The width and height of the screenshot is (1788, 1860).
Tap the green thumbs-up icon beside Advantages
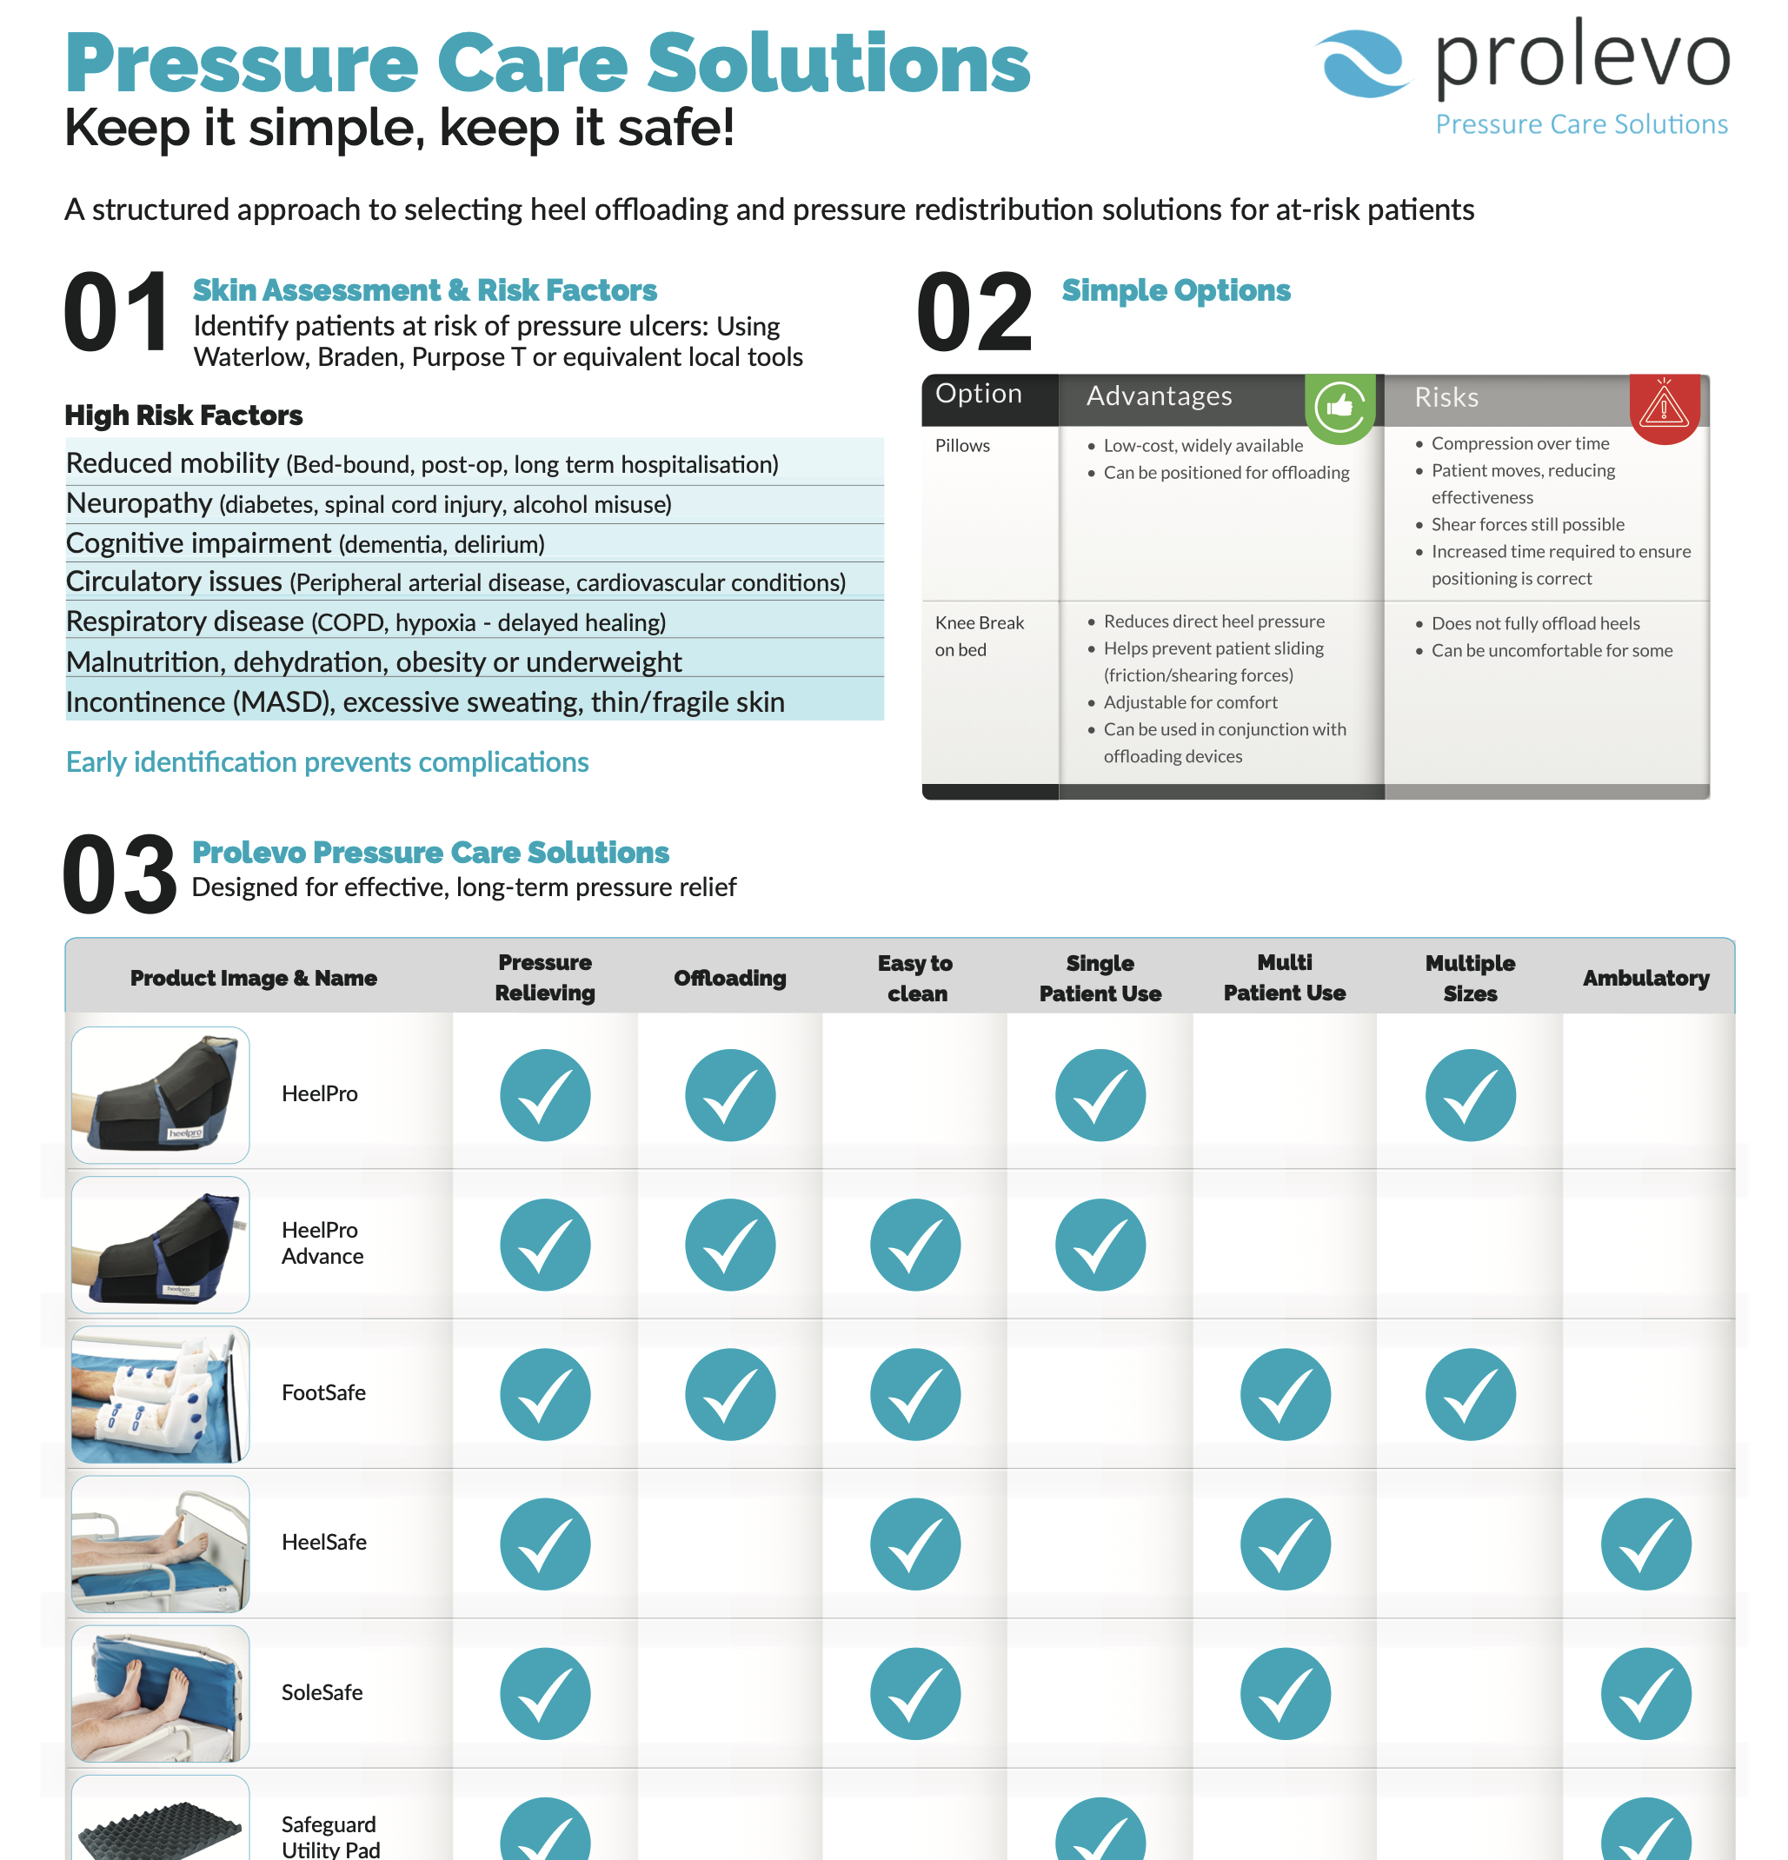pyautogui.click(x=1339, y=408)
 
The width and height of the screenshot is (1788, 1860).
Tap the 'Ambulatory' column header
pyautogui.click(x=1645, y=978)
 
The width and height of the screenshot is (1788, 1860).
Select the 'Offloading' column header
pyautogui.click(x=730, y=978)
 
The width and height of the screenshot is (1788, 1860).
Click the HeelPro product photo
pyautogui.click(x=161, y=1095)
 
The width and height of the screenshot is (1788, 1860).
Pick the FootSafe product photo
pyautogui.click(x=161, y=1394)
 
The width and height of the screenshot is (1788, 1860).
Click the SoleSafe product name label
pyautogui.click(x=322, y=1692)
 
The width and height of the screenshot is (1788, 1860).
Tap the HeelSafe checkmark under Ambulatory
pyautogui.click(x=1645, y=1544)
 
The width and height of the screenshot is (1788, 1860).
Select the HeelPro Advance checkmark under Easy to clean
pyautogui.click(x=915, y=1245)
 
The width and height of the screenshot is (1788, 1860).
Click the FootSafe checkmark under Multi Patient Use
pyautogui.click(x=1285, y=1394)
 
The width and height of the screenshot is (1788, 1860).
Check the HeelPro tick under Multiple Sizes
pyautogui.click(x=1470, y=1095)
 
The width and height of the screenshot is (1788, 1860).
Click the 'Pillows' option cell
pyautogui.click(x=962, y=445)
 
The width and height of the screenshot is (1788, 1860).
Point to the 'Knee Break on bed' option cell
pyautogui.click(x=980, y=636)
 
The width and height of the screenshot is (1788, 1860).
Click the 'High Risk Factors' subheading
pyautogui.click(x=183, y=415)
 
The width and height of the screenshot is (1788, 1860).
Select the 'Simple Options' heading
pyautogui.click(x=1176, y=290)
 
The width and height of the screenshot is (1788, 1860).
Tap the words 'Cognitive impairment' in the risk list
pyautogui.click(x=198, y=543)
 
